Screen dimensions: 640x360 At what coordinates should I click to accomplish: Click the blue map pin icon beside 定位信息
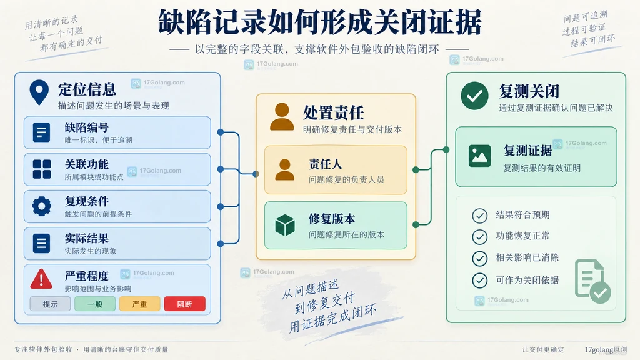coord(39,92)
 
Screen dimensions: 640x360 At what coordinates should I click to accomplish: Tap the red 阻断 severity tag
coord(184,304)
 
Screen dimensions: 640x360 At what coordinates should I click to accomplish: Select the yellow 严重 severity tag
coord(139,304)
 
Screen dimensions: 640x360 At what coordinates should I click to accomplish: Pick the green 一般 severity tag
coord(95,304)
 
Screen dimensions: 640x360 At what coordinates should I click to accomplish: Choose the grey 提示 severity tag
coord(50,304)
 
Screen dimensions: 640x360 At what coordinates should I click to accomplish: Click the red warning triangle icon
coord(41,279)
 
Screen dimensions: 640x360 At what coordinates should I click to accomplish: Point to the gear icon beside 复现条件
coord(42,206)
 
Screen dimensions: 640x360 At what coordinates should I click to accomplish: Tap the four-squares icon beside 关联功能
coord(42,169)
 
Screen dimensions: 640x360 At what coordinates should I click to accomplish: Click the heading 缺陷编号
coord(86,127)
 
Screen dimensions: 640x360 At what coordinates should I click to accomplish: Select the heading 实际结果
coord(86,238)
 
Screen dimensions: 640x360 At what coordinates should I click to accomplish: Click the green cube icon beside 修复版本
coord(285,225)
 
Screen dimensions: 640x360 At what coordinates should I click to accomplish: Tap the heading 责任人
coord(325,164)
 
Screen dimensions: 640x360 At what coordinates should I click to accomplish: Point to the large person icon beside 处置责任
coord(282,117)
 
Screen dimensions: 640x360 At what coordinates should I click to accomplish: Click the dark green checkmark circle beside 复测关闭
coord(475,96)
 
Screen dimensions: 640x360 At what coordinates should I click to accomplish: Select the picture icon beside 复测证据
coord(479,156)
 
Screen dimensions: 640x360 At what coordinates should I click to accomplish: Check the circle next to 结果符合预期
coord(479,216)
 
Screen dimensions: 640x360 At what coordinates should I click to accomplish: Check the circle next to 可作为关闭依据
coord(479,281)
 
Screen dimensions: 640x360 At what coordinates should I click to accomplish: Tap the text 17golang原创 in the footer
coord(606,350)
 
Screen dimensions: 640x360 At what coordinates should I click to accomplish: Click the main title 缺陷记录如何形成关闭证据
coord(320,23)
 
